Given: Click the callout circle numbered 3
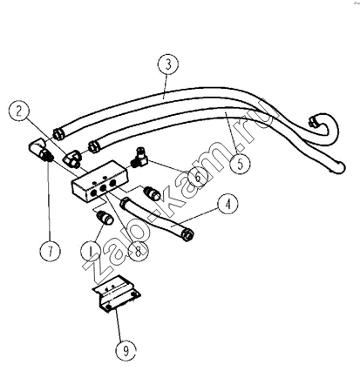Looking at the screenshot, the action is [x=168, y=64].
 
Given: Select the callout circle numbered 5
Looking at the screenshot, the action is [x=240, y=164].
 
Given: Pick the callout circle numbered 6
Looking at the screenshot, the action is [x=198, y=177].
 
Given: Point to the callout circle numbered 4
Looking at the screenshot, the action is [x=228, y=204].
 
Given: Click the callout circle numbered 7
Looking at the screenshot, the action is [x=50, y=252].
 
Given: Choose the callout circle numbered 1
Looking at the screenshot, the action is [x=91, y=251].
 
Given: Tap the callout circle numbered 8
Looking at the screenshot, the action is [x=138, y=251].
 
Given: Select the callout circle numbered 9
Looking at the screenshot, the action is [x=126, y=351].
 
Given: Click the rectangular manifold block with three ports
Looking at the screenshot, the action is [x=99, y=182].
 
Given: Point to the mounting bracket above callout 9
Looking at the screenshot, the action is [x=117, y=294].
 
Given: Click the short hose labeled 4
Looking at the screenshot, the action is [x=157, y=218].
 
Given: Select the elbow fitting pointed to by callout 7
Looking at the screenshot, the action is [x=40, y=150].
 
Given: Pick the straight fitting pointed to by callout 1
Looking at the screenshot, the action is [x=105, y=218].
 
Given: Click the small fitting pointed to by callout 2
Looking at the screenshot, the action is [x=71, y=158].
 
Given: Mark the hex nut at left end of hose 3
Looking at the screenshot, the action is [x=58, y=134].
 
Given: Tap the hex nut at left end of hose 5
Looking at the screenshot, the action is [x=94, y=145].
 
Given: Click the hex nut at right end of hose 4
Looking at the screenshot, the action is [x=188, y=234].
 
